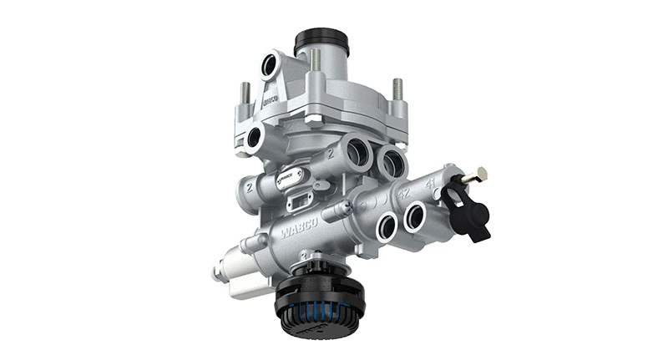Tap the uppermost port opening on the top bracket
271,65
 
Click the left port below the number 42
387,226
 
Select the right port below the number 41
416,218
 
